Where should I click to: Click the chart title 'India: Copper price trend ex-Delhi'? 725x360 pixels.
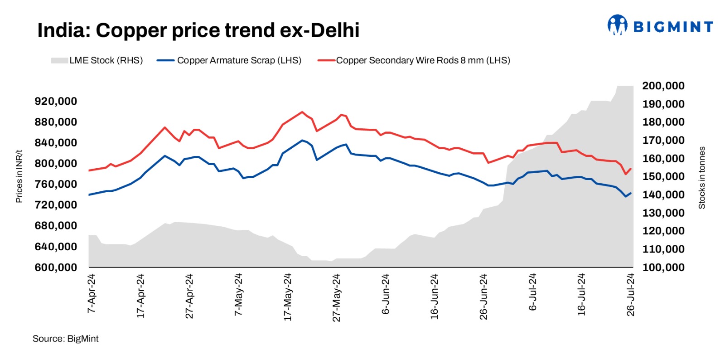click(x=198, y=30)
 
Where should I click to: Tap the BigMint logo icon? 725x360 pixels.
click(x=617, y=25)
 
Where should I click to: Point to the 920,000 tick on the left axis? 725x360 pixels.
click(x=56, y=101)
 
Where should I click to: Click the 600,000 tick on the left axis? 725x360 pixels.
click(x=56, y=268)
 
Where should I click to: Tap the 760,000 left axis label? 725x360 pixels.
click(x=56, y=184)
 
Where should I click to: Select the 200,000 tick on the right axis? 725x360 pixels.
click(x=663, y=86)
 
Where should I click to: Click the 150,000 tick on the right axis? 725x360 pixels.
click(x=663, y=176)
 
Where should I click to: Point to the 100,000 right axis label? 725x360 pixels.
click(x=663, y=268)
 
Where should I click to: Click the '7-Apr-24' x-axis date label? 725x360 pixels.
click(x=91, y=293)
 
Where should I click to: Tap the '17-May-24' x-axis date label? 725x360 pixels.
click(x=287, y=297)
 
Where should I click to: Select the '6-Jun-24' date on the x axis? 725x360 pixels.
click(x=386, y=294)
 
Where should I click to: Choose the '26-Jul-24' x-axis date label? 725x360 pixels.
click(x=631, y=295)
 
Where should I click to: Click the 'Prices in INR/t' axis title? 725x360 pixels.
click(x=19, y=176)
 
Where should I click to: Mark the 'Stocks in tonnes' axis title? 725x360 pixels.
click(x=702, y=177)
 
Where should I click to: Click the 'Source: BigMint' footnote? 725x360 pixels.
click(x=65, y=339)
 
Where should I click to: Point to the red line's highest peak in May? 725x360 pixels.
click(x=302, y=112)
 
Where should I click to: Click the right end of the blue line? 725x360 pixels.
click(x=631, y=193)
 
